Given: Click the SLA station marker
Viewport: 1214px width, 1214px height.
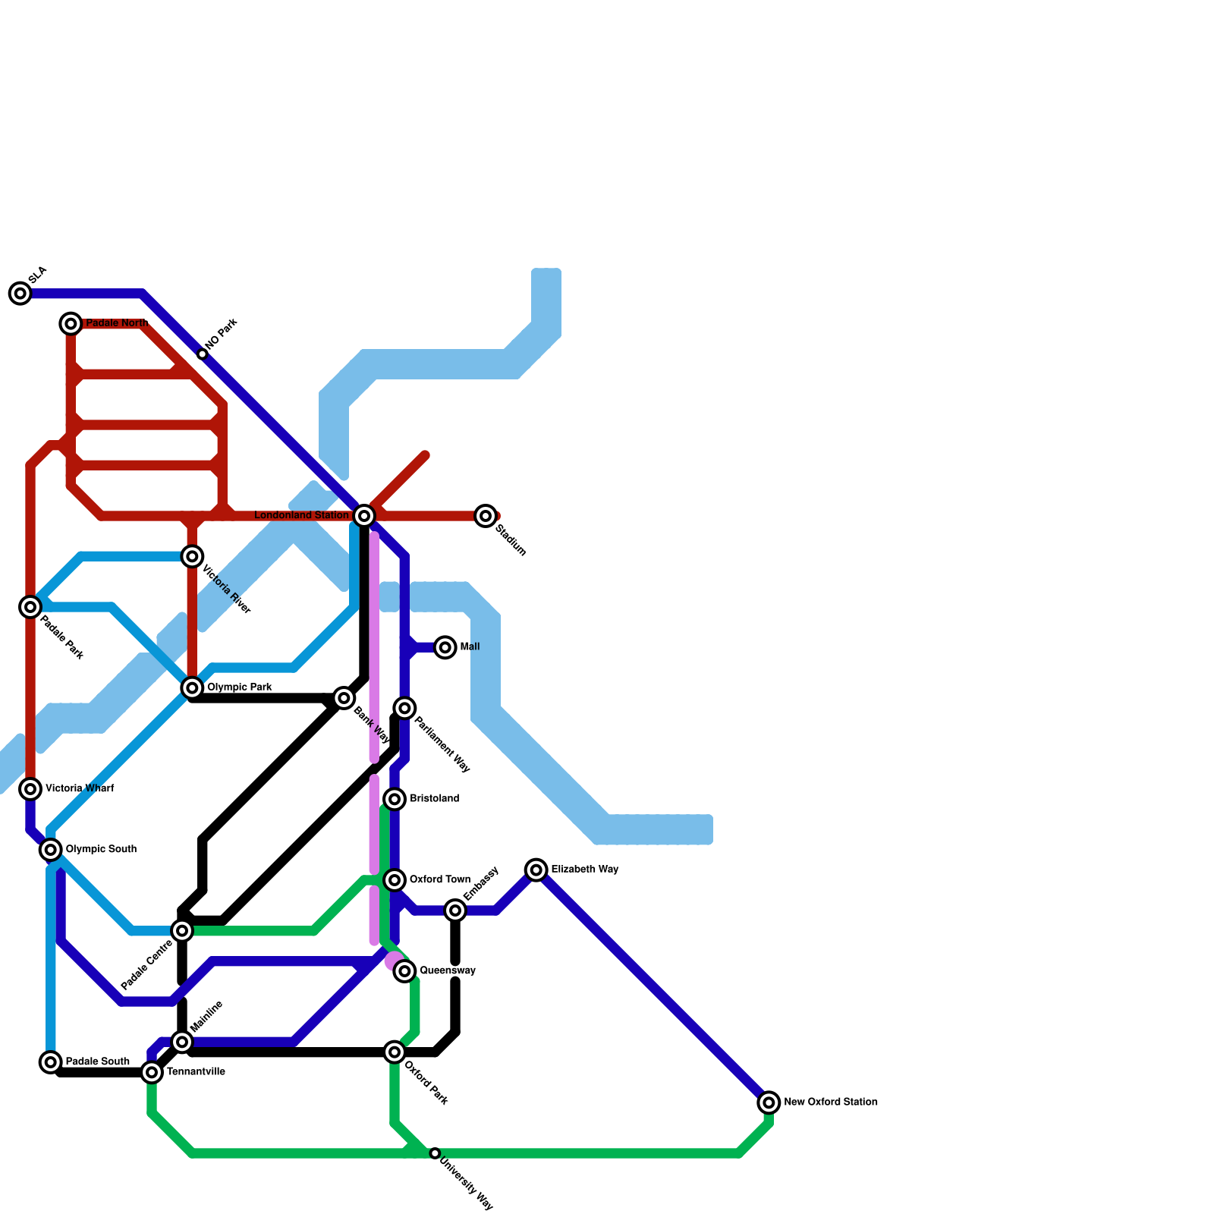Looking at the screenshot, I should point(20,293).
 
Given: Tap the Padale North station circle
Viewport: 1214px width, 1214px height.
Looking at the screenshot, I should point(71,324).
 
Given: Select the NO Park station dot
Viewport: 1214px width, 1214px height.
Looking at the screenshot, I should point(203,354).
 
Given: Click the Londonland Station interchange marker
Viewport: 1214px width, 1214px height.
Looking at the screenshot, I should point(364,516).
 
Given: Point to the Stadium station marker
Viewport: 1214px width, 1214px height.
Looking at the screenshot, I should point(486,516).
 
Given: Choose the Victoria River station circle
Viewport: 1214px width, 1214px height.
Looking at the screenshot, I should point(193,557).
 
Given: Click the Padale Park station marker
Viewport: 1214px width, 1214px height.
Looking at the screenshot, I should point(30,606).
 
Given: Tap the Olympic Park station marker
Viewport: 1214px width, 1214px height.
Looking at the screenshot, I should point(193,687).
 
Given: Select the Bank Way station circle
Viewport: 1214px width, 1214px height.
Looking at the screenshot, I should point(344,698).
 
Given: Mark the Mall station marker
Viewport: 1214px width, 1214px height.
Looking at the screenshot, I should point(445,647).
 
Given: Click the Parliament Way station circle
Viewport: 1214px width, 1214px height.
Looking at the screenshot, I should point(405,708).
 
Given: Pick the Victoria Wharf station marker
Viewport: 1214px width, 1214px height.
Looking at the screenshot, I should point(30,789).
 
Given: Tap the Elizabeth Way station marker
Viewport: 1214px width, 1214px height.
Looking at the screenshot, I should point(536,870).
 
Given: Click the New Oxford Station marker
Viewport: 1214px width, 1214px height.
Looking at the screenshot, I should point(769,1102).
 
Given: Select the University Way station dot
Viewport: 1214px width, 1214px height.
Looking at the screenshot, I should point(435,1153).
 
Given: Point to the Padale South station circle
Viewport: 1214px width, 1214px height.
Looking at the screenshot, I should point(51,1062).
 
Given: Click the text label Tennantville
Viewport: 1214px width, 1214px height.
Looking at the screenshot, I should point(196,1072).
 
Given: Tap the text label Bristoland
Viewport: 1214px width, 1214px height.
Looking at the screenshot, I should point(434,799).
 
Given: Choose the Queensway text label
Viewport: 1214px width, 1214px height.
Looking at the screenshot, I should point(448,971).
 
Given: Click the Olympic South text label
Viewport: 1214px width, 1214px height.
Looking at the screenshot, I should point(101,849).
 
